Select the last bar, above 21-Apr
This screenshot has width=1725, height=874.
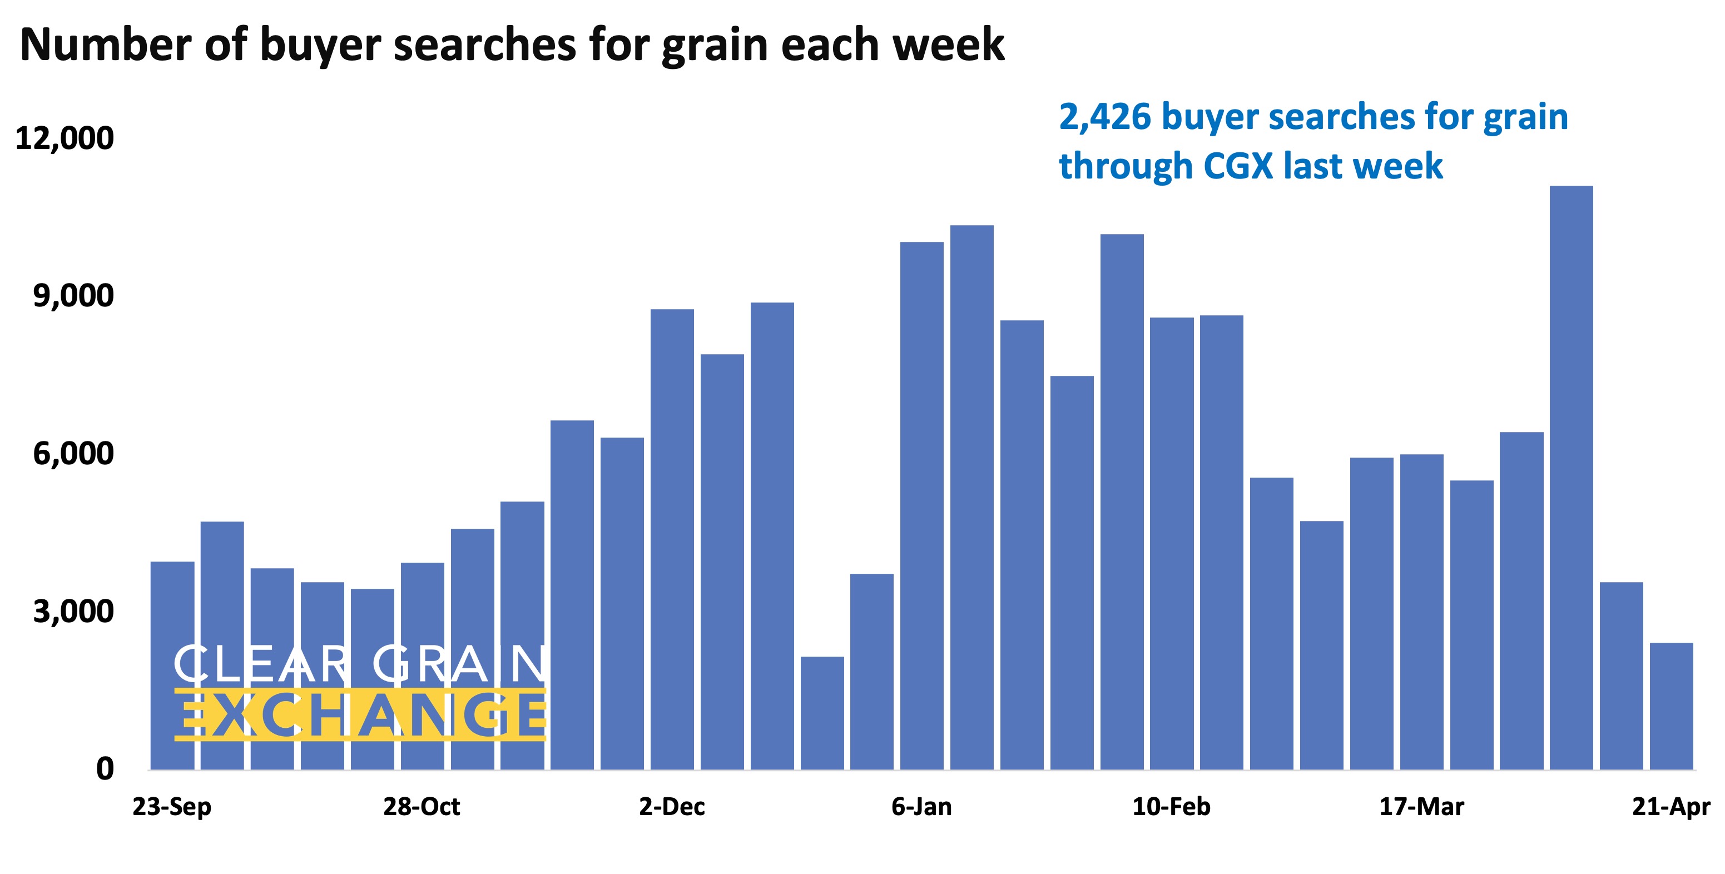[x=1671, y=706]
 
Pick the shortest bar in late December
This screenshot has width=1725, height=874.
[x=822, y=713]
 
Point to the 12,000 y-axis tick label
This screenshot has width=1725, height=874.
[x=65, y=138]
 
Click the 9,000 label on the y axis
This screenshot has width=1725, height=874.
[x=73, y=296]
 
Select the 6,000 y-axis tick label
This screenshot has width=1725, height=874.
[x=73, y=454]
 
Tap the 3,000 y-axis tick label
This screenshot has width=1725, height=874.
[x=73, y=612]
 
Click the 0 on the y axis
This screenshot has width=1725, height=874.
[x=105, y=769]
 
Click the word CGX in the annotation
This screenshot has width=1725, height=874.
[x=1237, y=166]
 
